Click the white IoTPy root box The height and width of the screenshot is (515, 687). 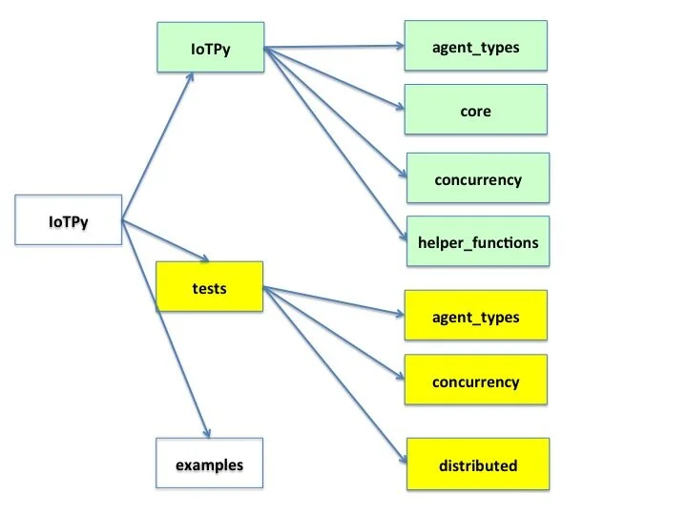70,221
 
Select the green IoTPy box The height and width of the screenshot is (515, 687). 208,47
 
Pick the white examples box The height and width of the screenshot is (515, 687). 208,464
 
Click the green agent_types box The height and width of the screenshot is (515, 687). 475,46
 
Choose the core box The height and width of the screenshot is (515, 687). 475,110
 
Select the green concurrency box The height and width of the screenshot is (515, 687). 477,178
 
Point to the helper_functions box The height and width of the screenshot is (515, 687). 477,241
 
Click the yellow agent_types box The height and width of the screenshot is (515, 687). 475,316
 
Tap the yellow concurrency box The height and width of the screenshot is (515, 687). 475,381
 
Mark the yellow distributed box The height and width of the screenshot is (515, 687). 477,464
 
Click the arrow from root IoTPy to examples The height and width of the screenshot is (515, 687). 165,328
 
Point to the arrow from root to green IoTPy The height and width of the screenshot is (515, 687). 158,144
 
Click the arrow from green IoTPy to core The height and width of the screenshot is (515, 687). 334,78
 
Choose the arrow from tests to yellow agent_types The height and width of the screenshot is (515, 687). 334,300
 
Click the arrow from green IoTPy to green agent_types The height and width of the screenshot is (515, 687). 334,46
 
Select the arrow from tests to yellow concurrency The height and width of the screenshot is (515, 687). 334,333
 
